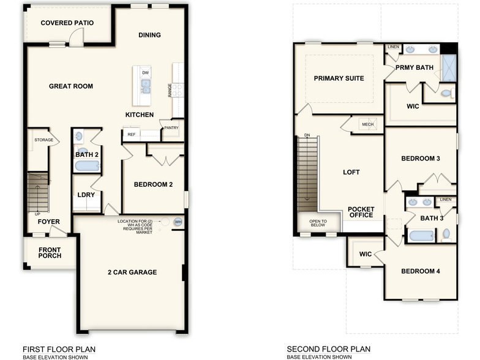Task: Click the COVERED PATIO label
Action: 67,23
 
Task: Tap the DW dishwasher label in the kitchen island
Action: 145,73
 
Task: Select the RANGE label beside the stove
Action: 170,90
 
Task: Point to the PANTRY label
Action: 171,127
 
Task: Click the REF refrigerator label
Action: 131,134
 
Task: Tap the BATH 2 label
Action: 86,155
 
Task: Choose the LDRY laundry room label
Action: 85,195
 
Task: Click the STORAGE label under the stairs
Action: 43,140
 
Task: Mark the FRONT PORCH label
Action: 50,252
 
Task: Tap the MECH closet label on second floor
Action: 367,124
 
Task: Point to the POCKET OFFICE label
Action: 361,212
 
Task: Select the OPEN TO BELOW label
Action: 318,223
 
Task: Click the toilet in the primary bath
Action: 447,94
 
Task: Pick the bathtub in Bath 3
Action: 421,236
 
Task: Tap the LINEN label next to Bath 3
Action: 446,200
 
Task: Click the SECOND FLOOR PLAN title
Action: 329,349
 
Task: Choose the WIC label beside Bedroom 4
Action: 366,253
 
